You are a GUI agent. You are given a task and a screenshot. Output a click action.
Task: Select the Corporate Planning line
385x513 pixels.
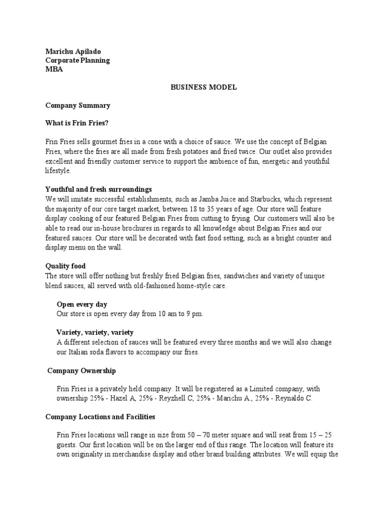[x=78, y=61]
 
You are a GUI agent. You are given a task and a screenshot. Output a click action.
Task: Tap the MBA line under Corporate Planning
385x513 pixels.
[x=54, y=70]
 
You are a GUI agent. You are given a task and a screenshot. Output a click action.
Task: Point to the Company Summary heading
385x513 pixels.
[x=78, y=106]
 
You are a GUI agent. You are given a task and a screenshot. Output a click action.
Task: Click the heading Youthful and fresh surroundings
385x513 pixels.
[x=98, y=189]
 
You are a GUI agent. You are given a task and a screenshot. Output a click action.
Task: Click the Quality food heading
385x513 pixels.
[x=66, y=266]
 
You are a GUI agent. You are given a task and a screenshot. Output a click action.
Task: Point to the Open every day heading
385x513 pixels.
[x=82, y=304]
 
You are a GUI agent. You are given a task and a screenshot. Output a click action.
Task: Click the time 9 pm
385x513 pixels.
[x=194, y=314]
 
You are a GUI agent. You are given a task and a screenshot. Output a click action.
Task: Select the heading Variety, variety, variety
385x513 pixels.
[x=95, y=332]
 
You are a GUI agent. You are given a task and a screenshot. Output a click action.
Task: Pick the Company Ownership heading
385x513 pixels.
[x=82, y=371]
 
